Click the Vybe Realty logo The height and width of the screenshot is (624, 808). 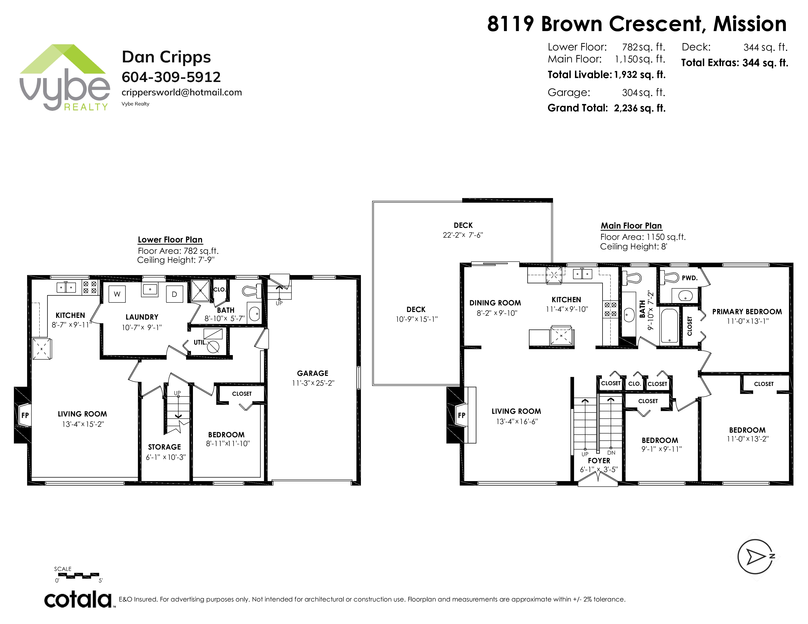pos(64,77)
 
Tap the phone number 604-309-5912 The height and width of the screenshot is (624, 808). pos(171,77)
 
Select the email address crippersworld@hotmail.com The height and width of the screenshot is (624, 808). pos(182,92)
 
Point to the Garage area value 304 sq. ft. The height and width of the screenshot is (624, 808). pos(643,92)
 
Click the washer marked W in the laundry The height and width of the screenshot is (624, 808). pos(117,294)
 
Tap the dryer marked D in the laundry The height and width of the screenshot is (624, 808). pos(174,294)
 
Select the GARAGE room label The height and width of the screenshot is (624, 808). pos(313,373)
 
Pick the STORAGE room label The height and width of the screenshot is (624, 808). pos(164,447)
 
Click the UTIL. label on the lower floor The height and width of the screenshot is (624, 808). pos(200,342)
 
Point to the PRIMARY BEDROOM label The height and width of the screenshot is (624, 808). pos(747,312)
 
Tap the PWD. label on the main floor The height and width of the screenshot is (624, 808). pos(689,278)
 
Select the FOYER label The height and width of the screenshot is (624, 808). pos(599,461)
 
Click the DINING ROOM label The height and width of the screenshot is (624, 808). pos(495,303)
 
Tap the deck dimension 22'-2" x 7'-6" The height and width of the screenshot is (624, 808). pos(463,235)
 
